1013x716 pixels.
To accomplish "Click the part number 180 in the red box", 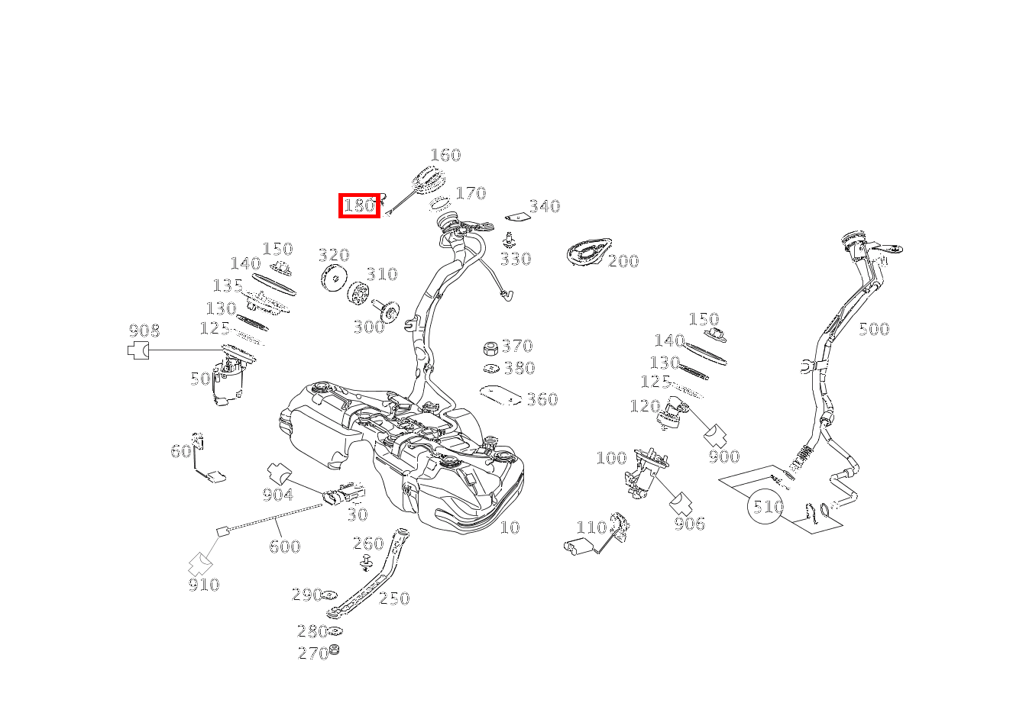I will (x=359, y=206).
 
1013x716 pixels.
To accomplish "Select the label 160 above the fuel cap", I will (x=445, y=156).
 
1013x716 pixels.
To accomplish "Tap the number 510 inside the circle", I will (x=768, y=507).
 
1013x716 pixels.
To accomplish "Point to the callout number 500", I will (x=874, y=330).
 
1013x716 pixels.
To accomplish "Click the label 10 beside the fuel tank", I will (x=510, y=527).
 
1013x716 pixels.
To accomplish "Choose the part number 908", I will (x=144, y=331).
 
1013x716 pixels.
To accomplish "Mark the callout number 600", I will (x=284, y=547).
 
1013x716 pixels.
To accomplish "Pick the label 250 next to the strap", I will (x=394, y=599).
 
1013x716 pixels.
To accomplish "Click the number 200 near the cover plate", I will (x=623, y=261).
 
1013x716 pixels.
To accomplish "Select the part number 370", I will (x=517, y=346).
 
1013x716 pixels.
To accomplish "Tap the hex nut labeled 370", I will (x=491, y=348).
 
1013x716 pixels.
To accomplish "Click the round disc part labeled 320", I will (x=334, y=279).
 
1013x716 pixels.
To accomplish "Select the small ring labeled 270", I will (x=334, y=650).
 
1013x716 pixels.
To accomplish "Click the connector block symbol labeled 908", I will (x=137, y=350).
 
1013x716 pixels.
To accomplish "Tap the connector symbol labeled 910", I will (x=200, y=564).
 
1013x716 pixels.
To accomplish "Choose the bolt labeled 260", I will (x=366, y=563).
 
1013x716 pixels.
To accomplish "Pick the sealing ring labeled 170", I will (x=439, y=203).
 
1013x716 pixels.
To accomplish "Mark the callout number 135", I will (x=228, y=286).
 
